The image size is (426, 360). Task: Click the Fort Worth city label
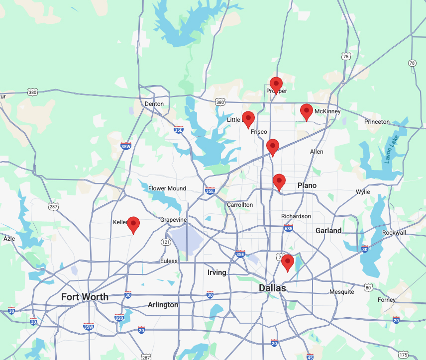[85, 297]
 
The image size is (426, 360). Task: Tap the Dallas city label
[272, 288]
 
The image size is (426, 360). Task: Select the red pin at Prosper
[276, 85]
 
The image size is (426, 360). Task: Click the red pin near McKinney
[307, 111]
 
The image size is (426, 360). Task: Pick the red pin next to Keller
[133, 224]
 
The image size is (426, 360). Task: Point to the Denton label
[154, 104]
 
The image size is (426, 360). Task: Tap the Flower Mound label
[167, 188]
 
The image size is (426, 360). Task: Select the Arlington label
[163, 305]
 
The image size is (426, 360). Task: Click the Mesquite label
[341, 292]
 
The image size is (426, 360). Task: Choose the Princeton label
[377, 122]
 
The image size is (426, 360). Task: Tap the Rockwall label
[394, 233]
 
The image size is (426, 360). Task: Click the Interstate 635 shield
[288, 228]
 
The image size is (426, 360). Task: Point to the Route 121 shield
[166, 242]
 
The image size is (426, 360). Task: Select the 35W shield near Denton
[126, 146]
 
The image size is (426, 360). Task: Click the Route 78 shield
[412, 63]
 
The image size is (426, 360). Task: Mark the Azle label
[9, 239]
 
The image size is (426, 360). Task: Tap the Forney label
[387, 300]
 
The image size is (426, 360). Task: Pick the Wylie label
[363, 192]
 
